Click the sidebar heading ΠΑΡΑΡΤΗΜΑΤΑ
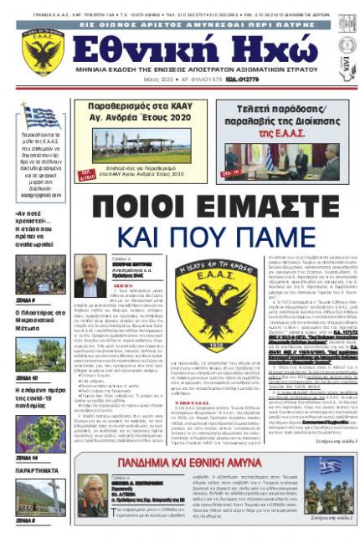(33, 470)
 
